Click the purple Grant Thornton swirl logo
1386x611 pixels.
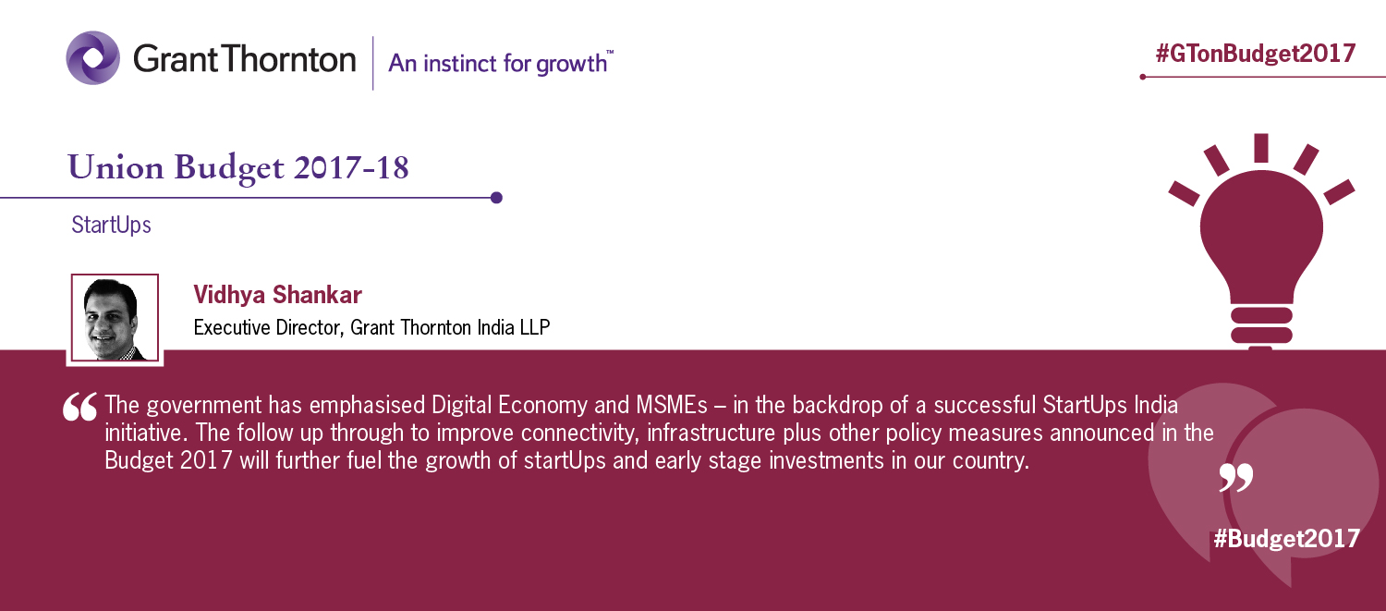point(92,57)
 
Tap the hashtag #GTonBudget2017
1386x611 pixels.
point(1256,54)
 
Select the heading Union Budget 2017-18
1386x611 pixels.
point(238,167)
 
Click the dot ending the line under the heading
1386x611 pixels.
point(496,198)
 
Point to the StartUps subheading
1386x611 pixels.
point(112,225)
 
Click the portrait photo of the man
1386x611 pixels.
point(115,318)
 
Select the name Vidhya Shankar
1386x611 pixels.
point(277,295)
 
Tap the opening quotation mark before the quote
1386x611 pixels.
point(79,407)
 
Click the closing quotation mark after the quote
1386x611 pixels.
point(1235,477)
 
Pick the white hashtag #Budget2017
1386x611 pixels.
point(1287,538)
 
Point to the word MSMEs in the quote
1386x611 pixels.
point(672,405)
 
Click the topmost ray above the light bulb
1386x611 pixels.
point(1261,148)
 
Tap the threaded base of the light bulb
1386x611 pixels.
point(1261,326)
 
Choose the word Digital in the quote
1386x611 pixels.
point(461,405)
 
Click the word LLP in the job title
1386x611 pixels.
point(535,327)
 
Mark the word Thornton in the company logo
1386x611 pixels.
point(289,59)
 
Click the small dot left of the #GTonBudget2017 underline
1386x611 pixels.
point(1143,77)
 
